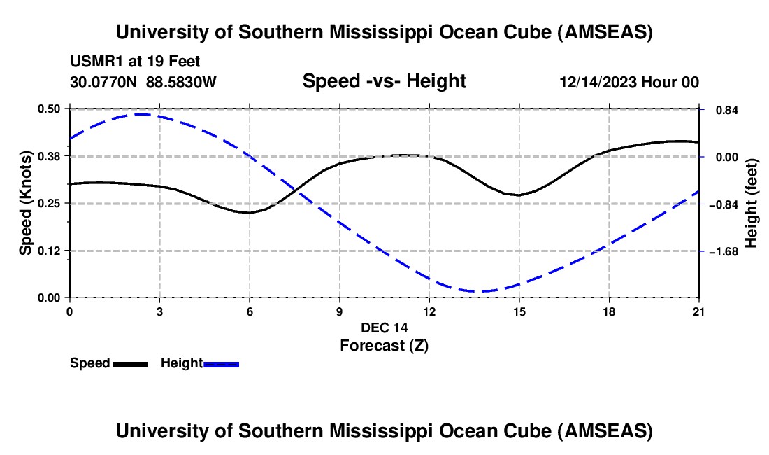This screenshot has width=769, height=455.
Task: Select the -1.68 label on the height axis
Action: click(x=722, y=251)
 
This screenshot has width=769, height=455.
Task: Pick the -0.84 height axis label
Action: click(x=722, y=204)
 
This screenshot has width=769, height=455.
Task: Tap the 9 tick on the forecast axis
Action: click(x=339, y=311)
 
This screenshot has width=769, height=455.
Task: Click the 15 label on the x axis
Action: click(x=519, y=311)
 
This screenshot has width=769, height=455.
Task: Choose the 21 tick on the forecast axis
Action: click(x=699, y=311)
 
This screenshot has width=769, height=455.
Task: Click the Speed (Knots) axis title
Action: click(x=26, y=203)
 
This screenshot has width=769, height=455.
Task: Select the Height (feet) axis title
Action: click(x=752, y=203)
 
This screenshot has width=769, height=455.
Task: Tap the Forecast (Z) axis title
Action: click(x=384, y=345)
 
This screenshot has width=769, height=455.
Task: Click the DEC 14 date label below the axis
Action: click(x=384, y=328)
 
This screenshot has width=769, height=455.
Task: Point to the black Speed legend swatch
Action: click(x=130, y=364)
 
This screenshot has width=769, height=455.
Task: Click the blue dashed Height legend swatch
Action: click(x=221, y=364)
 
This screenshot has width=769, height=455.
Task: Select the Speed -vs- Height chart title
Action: click(x=384, y=82)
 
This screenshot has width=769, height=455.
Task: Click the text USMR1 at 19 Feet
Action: click(x=135, y=62)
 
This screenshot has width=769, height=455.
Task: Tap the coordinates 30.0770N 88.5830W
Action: click(x=143, y=82)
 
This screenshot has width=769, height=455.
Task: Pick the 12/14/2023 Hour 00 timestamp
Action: click(x=629, y=82)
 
